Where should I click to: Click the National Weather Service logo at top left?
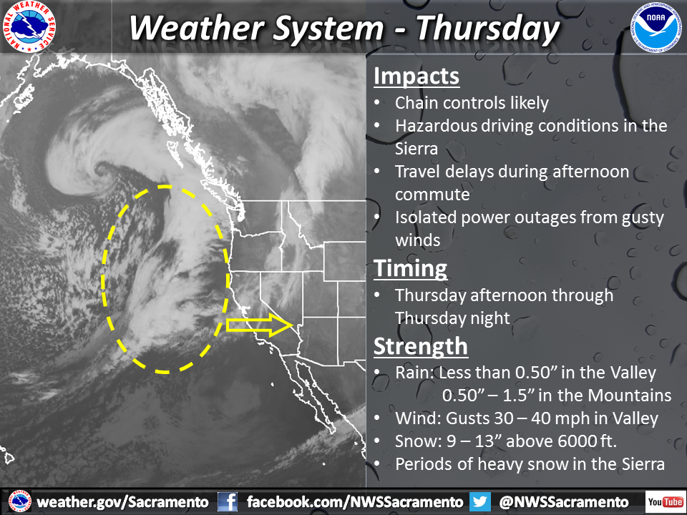click(x=29, y=26)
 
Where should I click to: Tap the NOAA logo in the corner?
click(x=656, y=27)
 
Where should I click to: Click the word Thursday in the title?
click(x=487, y=29)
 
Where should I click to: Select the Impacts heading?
click(x=416, y=77)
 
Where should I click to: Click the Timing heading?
click(x=411, y=268)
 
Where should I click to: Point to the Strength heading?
click(x=421, y=346)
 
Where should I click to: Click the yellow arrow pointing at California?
click(x=259, y=325)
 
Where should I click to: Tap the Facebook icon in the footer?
click(x=228, y=502)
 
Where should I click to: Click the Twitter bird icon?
click(x=480, y=502)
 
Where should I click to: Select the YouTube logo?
click(x=665, y=501)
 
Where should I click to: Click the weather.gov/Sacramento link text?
click(x=122, y=502)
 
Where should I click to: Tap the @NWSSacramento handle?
click(x=564, y=502)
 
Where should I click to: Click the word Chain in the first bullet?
click(x=416, y=103)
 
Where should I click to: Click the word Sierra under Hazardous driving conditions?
click(x=416, y=149)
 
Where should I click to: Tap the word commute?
click(x=432, y=195)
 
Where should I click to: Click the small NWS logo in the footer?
click(x=20, y=502)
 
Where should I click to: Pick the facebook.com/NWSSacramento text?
click(x=355, y=502)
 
